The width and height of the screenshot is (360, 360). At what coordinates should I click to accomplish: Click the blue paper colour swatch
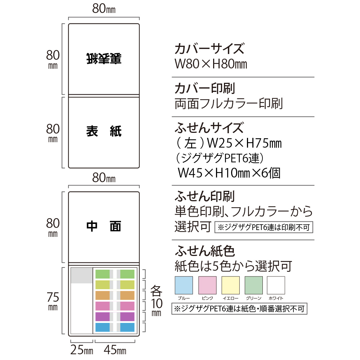pyautogui.click(x=184, y=285)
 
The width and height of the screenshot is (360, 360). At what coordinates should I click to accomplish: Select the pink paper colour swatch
pyautogui.click(x=207, y=285)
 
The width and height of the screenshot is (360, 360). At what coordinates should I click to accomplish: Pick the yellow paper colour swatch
pyautogui.click(x=230, y=285)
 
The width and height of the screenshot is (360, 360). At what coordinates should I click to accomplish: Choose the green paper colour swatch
pyautogui.click(x=254, y=285)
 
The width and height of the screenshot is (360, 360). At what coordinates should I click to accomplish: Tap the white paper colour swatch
pyautogui.click(x=276, y=285)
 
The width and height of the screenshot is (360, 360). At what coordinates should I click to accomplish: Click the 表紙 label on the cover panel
pyautogui.click(x=104, y=131)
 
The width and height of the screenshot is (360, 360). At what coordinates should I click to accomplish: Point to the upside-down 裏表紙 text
pyautogui.click(x=104, y=59)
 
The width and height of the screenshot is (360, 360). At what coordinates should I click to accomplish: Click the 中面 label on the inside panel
pyautogui.click(x=104, y=226)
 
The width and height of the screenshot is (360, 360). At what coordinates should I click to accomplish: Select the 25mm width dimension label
pyautogui.click(x=82, y=350)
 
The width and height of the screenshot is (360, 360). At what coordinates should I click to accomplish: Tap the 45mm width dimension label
pyautogui.click(x=115, y=350)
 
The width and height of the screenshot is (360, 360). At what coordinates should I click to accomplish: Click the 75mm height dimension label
pyautogui.click(x=53, y=301)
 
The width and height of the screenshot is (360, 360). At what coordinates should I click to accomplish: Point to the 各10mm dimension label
pyautogui.click(x=157, y=301)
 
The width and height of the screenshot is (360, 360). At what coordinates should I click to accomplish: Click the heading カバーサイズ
pyautogui.click(x=210, y=49)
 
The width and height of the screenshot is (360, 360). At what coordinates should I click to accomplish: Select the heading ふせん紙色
pyautogui.click(x=205, y=251)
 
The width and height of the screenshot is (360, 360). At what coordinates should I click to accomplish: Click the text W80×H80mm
pyautogui.click(x=211, y=64)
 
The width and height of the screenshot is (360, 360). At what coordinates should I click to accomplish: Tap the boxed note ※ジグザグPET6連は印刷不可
pyautogui.click(x=264, y=227)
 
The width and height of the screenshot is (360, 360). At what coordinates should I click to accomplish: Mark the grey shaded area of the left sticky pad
pyautogui.click(x=81, y=275)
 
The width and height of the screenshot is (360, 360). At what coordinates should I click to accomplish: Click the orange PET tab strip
pyautogui.click(x=115, y=296)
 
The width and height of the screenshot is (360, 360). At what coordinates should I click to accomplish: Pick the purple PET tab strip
pyautogui.click(x=115, y=316)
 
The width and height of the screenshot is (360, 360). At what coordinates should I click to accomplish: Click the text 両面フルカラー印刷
pyautogui.click(x=229, y=104)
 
